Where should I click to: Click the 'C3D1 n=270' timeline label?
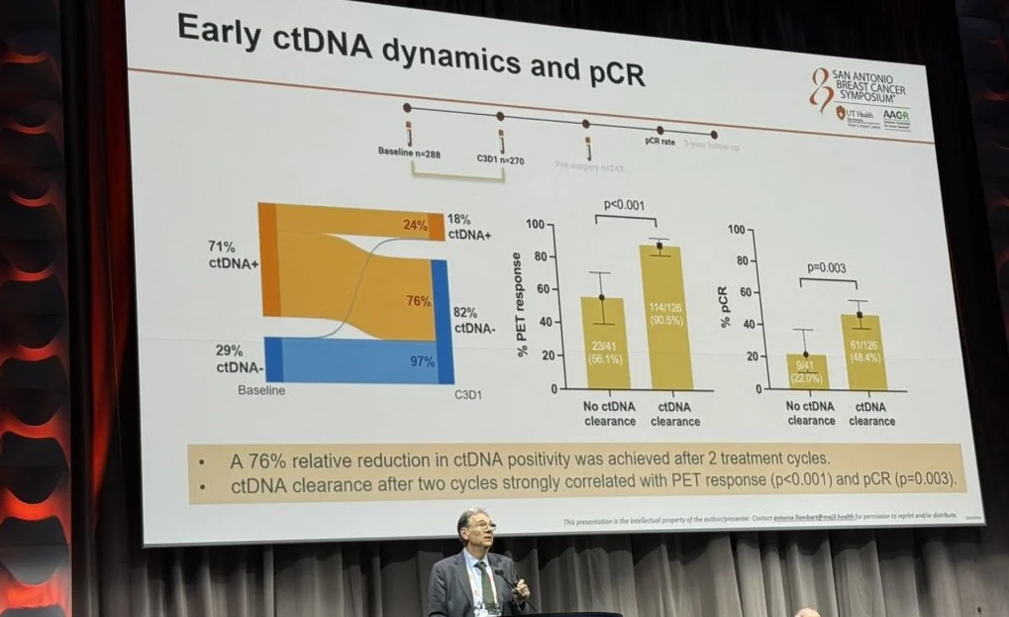[x=500, y=159]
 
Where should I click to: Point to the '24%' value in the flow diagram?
[x=414, y=225]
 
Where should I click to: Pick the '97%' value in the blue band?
[x=421, y=361]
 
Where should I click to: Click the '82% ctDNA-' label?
[x=474, y=318]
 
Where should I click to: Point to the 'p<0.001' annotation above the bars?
[x=625, y=205]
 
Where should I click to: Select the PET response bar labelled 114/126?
[x=666, y=317]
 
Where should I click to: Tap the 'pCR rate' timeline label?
[x=659, y=141]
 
